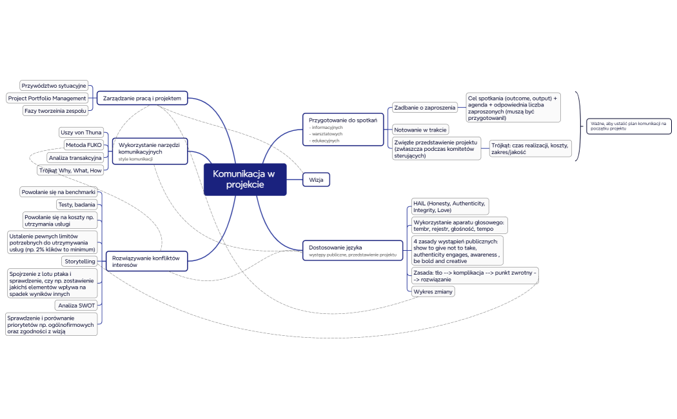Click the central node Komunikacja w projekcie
pyautogui.click(x=245, y=179)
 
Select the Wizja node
pyautogui.click(x=316, y=179)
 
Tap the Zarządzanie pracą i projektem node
pyautogui.click(x=143, y=98)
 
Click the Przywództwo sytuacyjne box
pyautogui.click(x=54, y=85)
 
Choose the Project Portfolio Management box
pyautogui.click(x=47, y=98)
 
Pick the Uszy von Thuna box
pyautogui.click(x=81, y=132)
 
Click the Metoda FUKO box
pyautogui.click(x=84, y=145)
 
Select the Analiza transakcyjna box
pyautogui.click(x=75, y=158)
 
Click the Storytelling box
pyautogui.click(x=79, y=261)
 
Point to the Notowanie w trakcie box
pyautogui.click(x=420, y=130)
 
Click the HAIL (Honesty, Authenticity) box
pyautogui.click(x=449, y=206)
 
